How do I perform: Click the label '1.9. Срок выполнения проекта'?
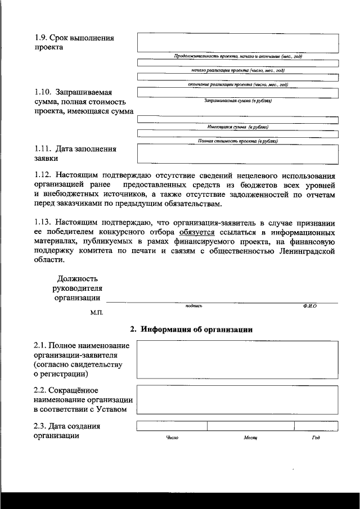[73, 43]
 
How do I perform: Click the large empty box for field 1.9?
[237, 43]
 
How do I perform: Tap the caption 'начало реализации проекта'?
[237, 70]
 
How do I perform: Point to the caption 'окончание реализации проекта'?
[237, 85]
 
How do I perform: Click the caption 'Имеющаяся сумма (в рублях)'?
[237, 127]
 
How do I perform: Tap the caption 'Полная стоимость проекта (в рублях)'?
[237, 141]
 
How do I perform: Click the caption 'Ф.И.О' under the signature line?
[309, 306]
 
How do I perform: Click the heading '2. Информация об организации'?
[191, 329]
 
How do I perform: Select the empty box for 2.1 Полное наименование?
[237, 360]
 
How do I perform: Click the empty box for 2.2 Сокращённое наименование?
[237, 399]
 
